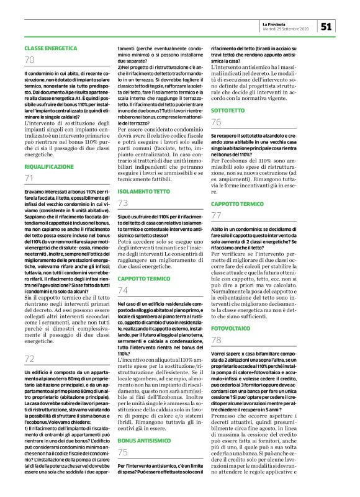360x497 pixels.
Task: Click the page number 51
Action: [327, 26]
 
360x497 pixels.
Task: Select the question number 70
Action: [30, 60]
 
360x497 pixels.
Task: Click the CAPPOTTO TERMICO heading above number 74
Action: [143, 279]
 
